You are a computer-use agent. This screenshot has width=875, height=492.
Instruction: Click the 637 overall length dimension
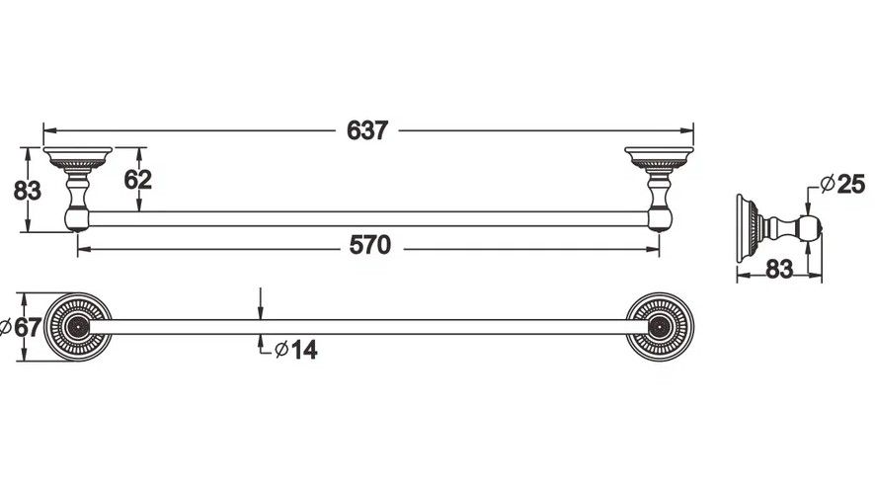pos(366,129)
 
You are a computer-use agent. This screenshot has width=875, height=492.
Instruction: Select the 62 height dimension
pos(138,180)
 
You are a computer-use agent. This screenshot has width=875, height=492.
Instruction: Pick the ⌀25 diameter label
pos(842,184)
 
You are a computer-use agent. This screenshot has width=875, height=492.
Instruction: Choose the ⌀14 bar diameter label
pos(296,349)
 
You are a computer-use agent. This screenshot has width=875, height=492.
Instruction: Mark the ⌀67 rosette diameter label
pos(22,328)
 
